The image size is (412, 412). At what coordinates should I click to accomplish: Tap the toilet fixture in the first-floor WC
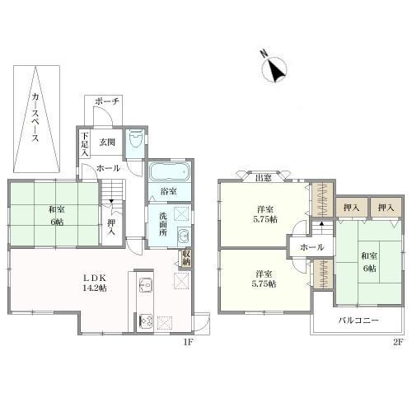[135, 139]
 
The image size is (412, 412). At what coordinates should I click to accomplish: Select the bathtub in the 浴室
[169, 171]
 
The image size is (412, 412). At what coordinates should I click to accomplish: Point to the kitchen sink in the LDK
[146, 285]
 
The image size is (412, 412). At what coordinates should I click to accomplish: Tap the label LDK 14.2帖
[95, 283]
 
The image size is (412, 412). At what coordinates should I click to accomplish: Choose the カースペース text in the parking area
[35, 118]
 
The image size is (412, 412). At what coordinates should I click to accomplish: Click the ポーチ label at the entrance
[107, 101]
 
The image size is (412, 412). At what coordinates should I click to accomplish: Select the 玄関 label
[107, 143]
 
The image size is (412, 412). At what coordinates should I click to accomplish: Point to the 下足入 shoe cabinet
[85, 144]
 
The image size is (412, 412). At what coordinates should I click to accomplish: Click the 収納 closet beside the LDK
[186, 258]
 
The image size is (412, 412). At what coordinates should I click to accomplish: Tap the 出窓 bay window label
[264, 178]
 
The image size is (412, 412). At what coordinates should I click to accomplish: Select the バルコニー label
[358, 321]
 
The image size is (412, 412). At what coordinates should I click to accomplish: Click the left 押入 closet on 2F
[352, 208]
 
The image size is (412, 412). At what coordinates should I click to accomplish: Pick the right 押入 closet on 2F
[386, 208]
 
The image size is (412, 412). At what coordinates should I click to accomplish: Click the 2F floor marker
[398, 342]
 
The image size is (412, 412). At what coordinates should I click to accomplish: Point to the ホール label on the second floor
[312, 247]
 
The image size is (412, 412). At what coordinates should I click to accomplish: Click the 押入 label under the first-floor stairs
[111, 227]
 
